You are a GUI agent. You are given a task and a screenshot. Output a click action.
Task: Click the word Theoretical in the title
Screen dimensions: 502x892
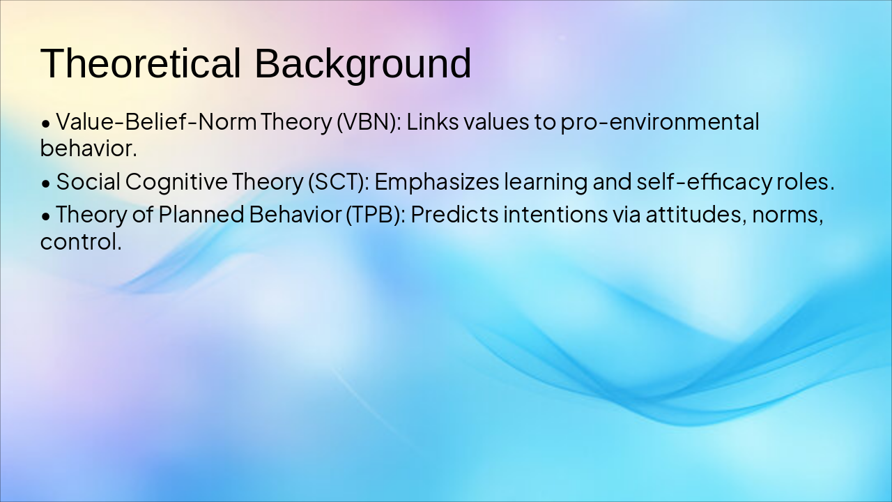[140, 63]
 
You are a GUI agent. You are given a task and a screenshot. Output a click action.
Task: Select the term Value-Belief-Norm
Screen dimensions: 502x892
[157, 122]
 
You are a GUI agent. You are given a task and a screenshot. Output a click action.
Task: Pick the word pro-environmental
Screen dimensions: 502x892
[659, 122]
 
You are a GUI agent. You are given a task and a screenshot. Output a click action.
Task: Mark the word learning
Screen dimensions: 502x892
[546, 182]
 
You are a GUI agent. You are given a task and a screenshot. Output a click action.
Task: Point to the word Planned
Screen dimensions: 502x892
[201, 214]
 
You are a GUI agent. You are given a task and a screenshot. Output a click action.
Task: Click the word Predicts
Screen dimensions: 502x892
[454, 214]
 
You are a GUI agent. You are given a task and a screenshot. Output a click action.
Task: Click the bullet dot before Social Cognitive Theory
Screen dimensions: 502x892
[46, 183]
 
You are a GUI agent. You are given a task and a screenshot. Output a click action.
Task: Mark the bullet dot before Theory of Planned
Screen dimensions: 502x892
[46, 215]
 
